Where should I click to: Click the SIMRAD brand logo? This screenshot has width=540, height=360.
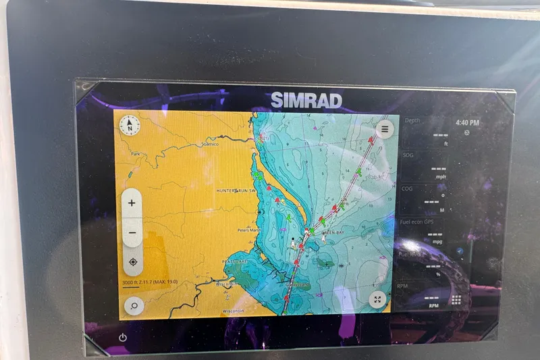(306, 101)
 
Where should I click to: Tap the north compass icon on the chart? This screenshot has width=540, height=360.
(129, 125)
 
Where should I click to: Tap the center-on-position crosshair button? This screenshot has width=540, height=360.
(132, 262)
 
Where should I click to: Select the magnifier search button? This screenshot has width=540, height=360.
(134, 306)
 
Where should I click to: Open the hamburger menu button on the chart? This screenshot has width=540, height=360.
(385, 128)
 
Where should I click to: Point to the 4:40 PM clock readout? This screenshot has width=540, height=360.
(467, 123)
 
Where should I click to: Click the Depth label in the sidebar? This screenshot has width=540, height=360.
(412, 120)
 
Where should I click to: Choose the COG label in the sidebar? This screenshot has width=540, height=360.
(408, 189)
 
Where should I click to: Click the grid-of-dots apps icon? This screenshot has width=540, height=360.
(457, 300)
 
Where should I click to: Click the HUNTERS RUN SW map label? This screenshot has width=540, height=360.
(236, 191)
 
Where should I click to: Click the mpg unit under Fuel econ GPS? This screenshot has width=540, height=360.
(437, 242)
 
